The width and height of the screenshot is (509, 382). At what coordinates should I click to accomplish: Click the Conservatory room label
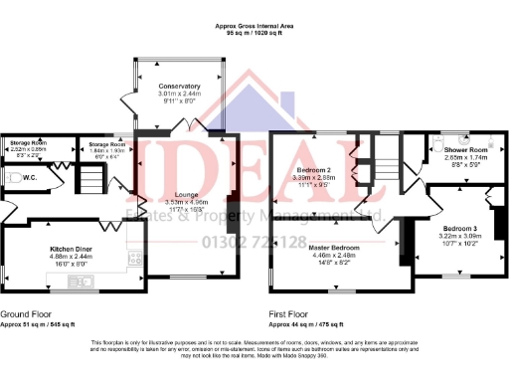[180, 86]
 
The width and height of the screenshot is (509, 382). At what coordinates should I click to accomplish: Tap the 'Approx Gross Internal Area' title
[254, 25]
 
